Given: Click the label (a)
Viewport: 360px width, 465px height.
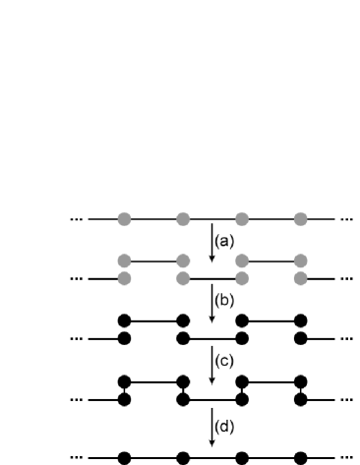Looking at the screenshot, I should pos(225,241).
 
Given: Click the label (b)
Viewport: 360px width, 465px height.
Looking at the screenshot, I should pos(225,301).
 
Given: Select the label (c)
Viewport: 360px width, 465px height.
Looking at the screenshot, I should pos(225,361).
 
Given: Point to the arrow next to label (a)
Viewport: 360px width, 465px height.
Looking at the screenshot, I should pos(211,242).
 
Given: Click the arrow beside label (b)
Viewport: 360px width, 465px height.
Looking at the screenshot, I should pos(211,302).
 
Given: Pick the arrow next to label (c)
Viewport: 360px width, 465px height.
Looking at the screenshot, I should pos(211,362).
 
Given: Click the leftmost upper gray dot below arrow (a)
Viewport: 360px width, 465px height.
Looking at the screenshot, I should pos(124,262).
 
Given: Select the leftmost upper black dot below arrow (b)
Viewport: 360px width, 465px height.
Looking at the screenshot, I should pos(124,320).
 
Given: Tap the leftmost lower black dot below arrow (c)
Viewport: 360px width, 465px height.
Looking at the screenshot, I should pos(124,398).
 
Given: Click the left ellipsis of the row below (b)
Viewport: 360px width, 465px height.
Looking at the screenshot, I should pos(78,339).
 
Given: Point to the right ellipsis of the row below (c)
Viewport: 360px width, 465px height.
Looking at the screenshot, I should pos(346,399).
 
